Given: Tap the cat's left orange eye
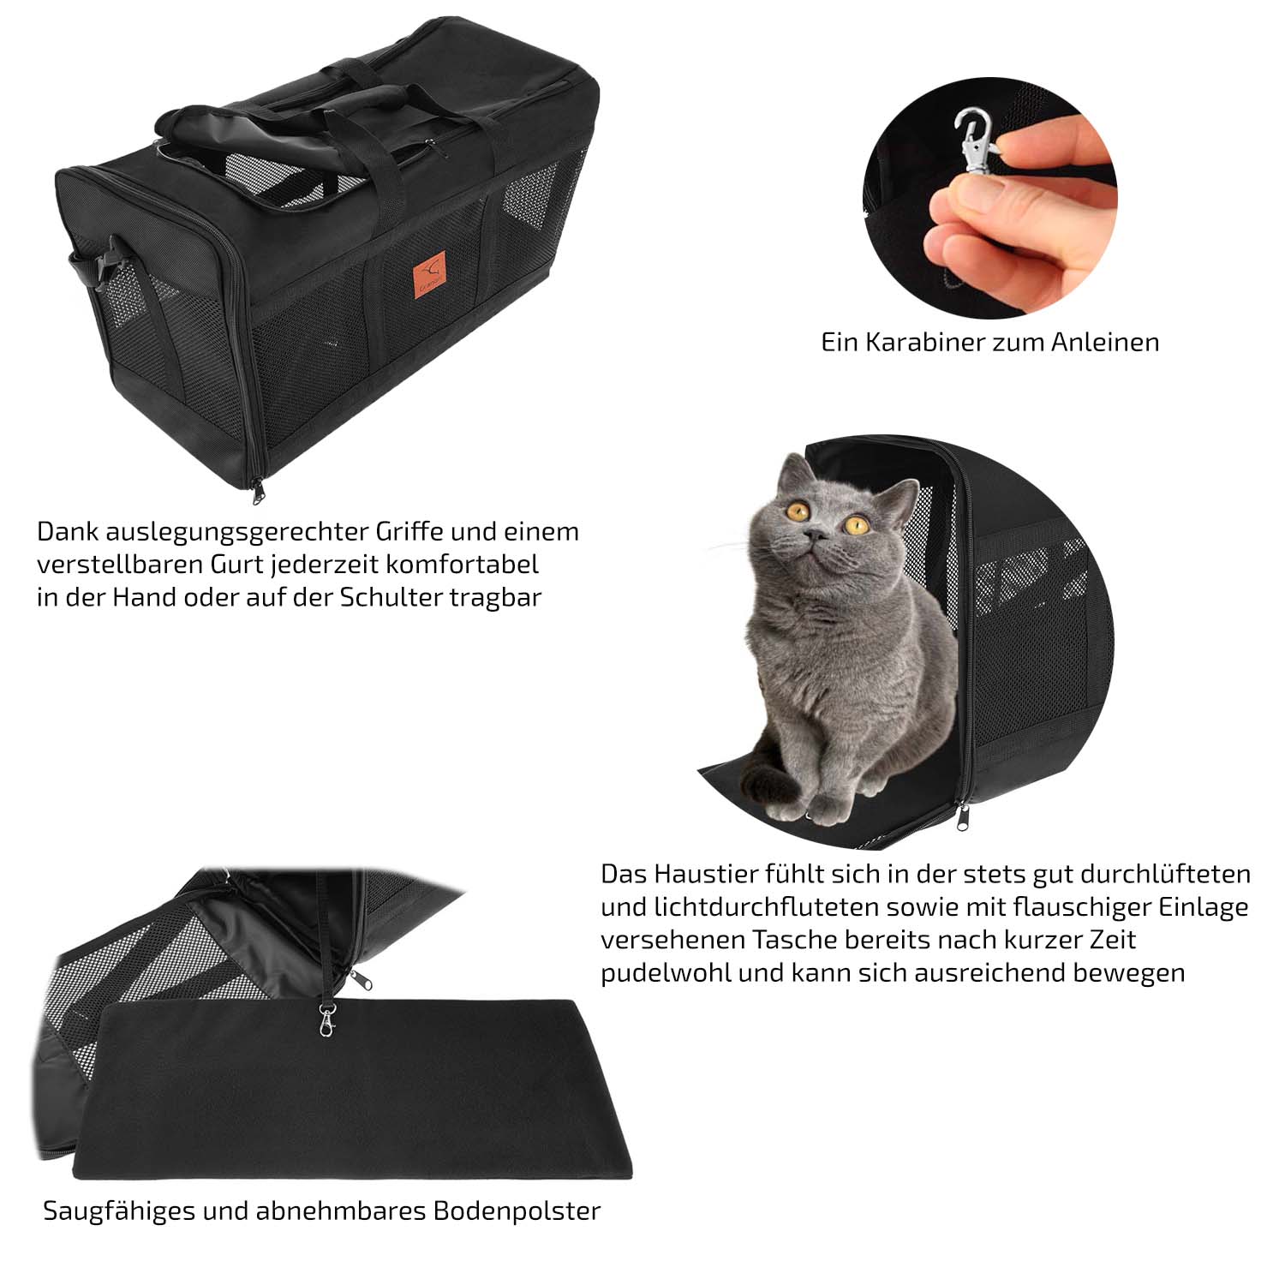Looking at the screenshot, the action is tap(798, 511).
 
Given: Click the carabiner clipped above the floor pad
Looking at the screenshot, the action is tap(329, 1016).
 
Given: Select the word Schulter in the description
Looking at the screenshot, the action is tap(392, 597).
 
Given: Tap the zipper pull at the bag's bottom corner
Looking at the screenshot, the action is tap(257, 491).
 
